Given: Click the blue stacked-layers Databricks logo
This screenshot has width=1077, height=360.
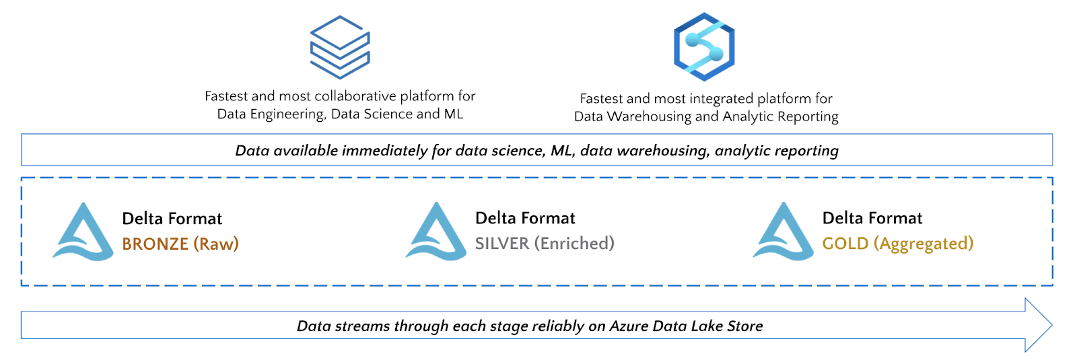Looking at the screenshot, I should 340,47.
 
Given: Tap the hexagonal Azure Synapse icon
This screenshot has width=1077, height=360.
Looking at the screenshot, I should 704,47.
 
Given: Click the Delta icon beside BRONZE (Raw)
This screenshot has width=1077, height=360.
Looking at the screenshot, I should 83,232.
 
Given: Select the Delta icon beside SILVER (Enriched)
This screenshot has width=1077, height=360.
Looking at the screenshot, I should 436,232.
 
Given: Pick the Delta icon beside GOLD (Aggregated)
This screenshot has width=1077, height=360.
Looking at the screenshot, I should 784,232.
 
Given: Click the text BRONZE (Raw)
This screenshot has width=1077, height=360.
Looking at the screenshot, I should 180,244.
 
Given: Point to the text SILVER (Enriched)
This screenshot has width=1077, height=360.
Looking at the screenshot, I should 545,243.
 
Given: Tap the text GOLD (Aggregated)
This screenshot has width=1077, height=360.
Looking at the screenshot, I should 898,243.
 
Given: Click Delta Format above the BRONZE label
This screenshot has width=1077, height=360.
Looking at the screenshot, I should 172,219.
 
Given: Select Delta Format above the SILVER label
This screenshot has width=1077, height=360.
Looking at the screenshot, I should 525,218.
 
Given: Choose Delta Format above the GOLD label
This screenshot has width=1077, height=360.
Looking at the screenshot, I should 872,218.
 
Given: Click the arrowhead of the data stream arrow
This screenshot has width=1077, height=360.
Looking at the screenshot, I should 1039,325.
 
